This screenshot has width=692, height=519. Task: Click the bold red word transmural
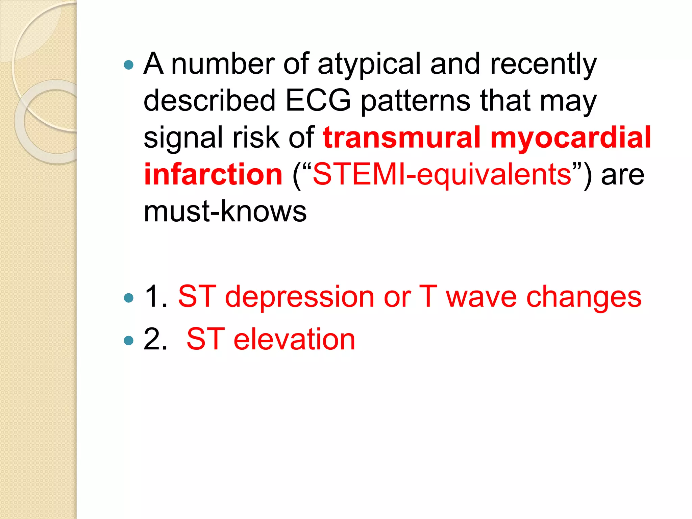pyautogui.click(x=401, y=138)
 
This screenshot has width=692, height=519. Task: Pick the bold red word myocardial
pyautogui.click(x=571, y=138)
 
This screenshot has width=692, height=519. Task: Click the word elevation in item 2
pyautogui.click(x=294, y=339)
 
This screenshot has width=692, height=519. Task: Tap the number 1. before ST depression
pyautogui.click(x=156, y=297)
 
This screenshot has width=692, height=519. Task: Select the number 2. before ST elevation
pyautogui.click(x=156, y=339)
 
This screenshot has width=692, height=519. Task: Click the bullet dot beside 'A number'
pyautogui.click(x=129, y=65)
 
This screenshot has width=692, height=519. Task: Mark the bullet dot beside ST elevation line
pyautogui.click(x=129, y=340)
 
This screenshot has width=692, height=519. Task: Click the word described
pyautogui.click(x=209, y=100)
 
